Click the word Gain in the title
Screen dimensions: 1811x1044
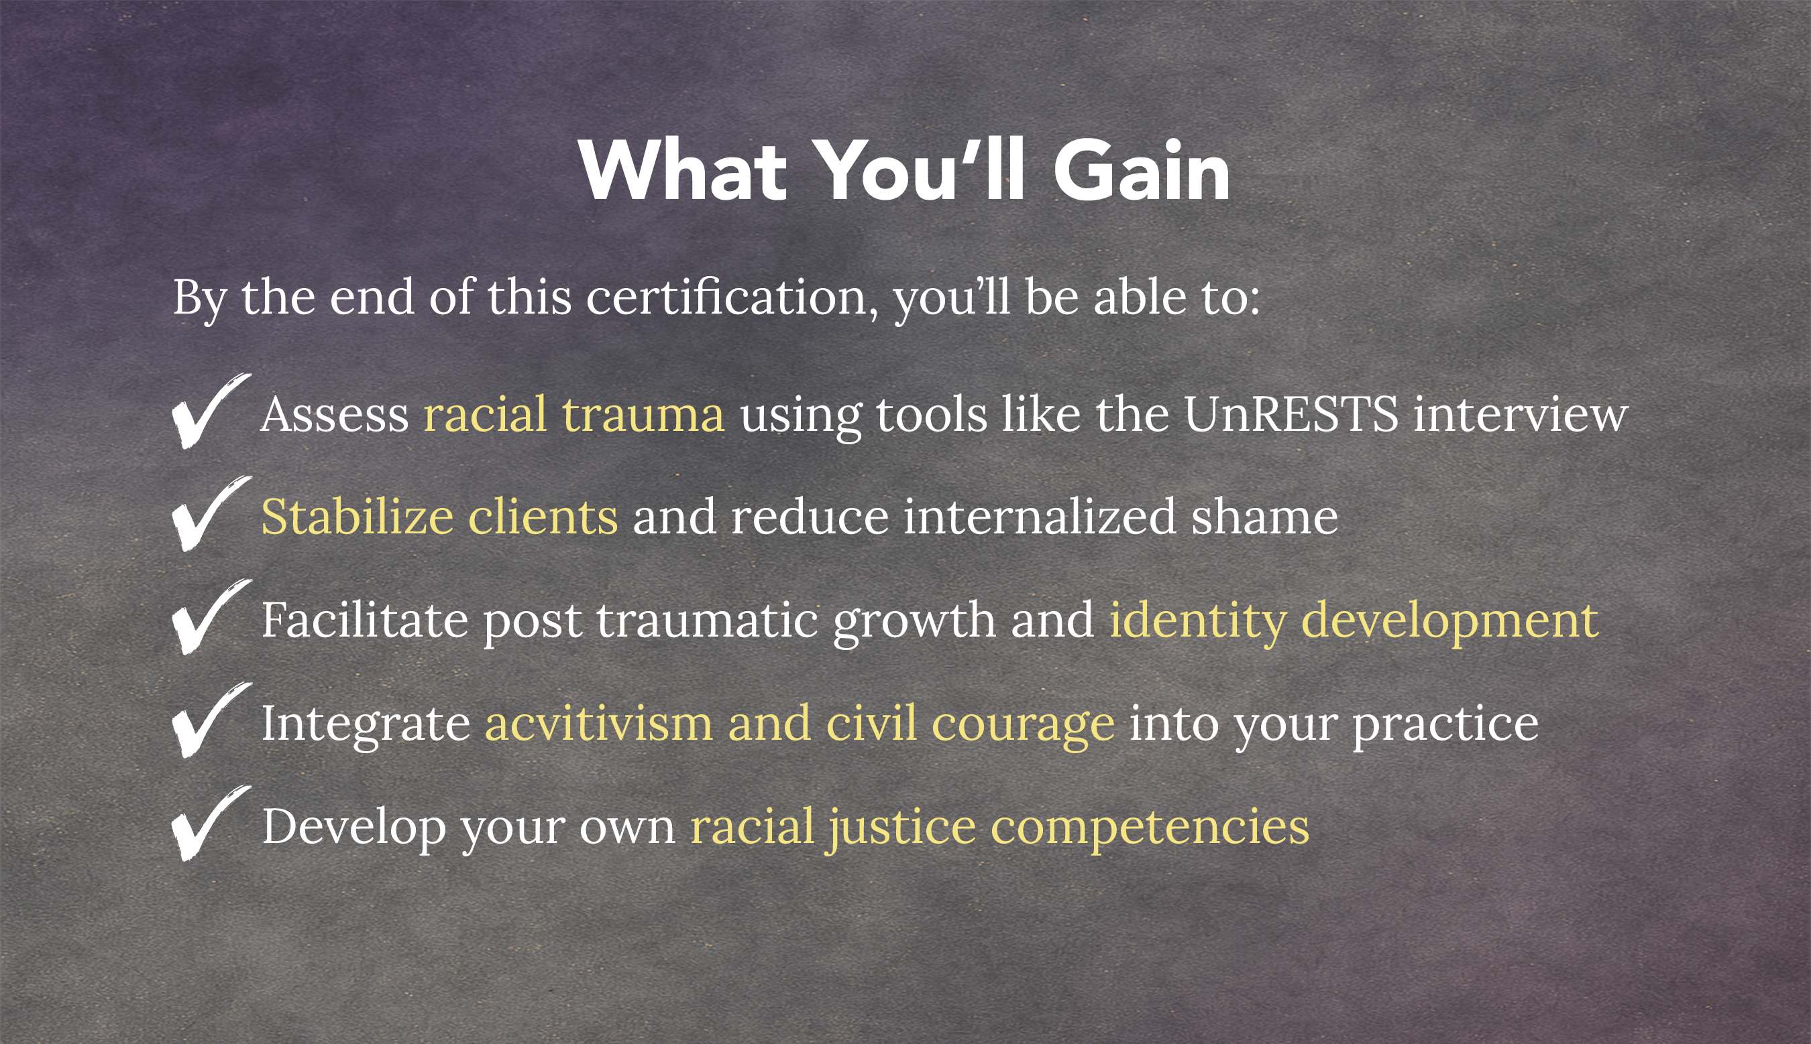pyautogui.click(x=1142, y=172)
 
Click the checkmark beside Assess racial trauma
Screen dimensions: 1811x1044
pyautogui.click(x=211, y=411)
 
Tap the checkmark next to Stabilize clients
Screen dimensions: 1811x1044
pyautogui.click(x=211, y=513)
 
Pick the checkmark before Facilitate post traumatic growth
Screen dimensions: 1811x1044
pyautogui.click(x=211, y=616)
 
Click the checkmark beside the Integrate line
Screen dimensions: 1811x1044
pyautogui.click(x=211, y=720)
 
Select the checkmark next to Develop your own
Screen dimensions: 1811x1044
pyautogui.click(x=211, y=823)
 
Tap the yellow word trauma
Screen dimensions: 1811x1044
pyautogui.click(x=643, y=415)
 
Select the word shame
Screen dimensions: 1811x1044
pyautogui.click(x=1264, y=516)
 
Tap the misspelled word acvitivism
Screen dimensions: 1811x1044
pyautogui.click(x=599, y=723)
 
